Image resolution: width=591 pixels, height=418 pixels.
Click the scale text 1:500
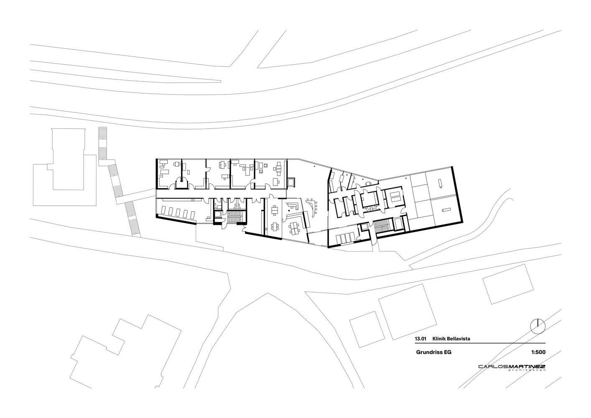[x=538, y=352]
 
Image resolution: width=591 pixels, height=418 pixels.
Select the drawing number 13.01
[x=420, y=339]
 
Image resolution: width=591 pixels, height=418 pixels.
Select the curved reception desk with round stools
[x=312, y=208]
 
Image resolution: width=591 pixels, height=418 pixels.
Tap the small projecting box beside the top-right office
[x=292, y=182]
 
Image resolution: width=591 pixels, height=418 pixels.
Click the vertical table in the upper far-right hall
[x=440, y=184]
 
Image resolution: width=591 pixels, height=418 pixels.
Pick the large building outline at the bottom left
[x=126, y=352]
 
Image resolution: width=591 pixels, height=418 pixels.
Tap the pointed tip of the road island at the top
[x=221, y=81]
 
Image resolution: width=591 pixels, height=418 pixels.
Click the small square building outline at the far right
[x=504, y=284]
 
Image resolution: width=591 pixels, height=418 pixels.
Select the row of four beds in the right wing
[x=345, y=239]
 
